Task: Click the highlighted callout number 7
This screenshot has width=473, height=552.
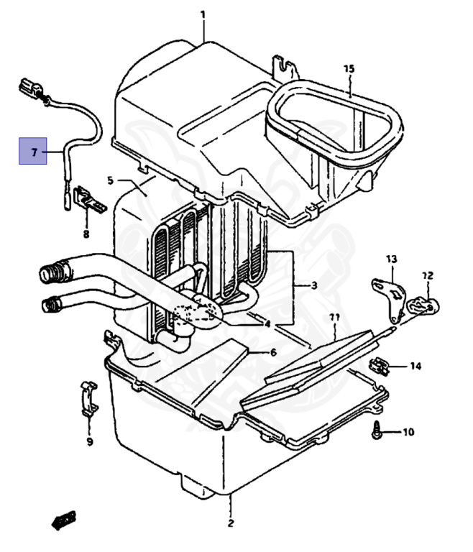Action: pos(35,152)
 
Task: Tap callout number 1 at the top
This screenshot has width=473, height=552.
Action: pos(203,15)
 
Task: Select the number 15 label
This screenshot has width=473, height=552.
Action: pos(349,69)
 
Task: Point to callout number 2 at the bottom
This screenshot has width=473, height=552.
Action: pos(231,523)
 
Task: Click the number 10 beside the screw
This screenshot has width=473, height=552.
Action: pos(408,432)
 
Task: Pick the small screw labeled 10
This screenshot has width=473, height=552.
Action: pos(377,430)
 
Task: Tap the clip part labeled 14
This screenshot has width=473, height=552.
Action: pos(378,366)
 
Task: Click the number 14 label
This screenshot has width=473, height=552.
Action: pos(415,367)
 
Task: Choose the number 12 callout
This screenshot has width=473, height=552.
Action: pos(428,275)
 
